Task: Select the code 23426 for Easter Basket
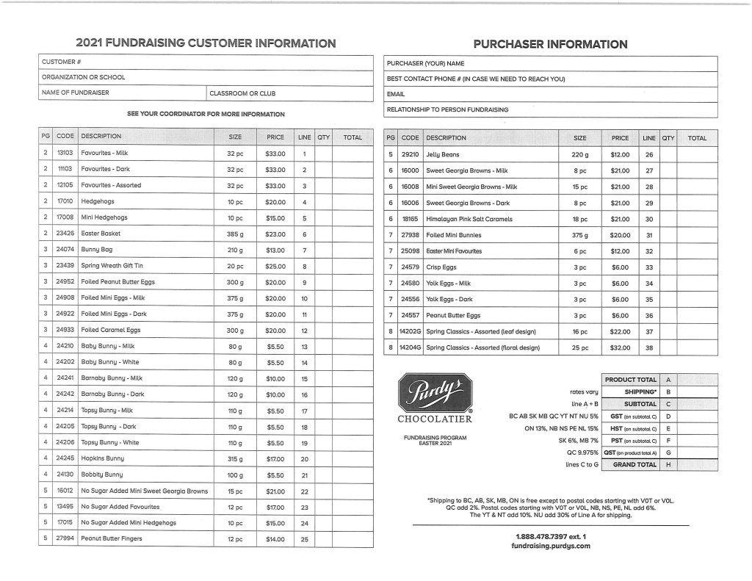pyautogui.click(x=65, y=234)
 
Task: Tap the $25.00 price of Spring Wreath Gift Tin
pyautogui.click(x=275, y=266)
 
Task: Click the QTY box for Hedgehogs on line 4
pyautogui.click(x=323, y=201)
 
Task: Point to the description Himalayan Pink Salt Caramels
pyautogui.click(x=469, y=219)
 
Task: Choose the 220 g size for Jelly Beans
pyautogui.click(x=580, y=155)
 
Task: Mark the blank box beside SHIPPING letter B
pyautogui.click(x=696, y=392)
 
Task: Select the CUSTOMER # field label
pyautogui.click(x=62, y=62)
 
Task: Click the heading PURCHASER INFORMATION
pyautogui.click(x=550, y=44)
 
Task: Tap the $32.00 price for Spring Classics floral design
pyautogui.click(x=620, y=347)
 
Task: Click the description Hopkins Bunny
pyautogui.click(x=102, y=459)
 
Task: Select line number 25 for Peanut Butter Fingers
pyautogui.click(x=303, y=539)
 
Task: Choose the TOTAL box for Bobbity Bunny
pyautogui.click(x=352, y=475)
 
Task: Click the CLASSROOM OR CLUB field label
pyautogui.click(x=242, y=93)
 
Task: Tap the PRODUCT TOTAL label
pyautogui.click(x=631, y=380)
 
